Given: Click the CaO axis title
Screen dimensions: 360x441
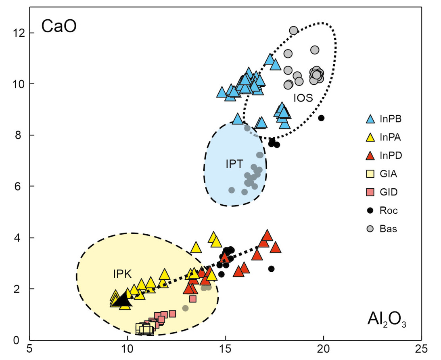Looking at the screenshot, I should point(59,27).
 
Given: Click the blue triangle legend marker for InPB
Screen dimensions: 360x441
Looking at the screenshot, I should point(370,119).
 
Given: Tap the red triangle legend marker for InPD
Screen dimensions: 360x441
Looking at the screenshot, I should point(370,156).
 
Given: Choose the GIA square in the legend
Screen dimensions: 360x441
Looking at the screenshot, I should point(370,174).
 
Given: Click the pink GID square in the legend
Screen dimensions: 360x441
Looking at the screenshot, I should point(370,192).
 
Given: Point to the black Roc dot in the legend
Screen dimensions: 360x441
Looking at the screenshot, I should point(370,210).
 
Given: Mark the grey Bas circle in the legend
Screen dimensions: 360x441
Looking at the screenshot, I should point(370,229).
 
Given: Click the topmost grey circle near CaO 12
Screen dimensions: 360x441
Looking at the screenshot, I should point(293,30).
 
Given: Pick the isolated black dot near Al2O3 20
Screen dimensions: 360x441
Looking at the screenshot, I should point(321,118).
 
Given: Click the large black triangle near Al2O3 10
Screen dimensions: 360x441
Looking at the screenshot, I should point(121,300).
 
